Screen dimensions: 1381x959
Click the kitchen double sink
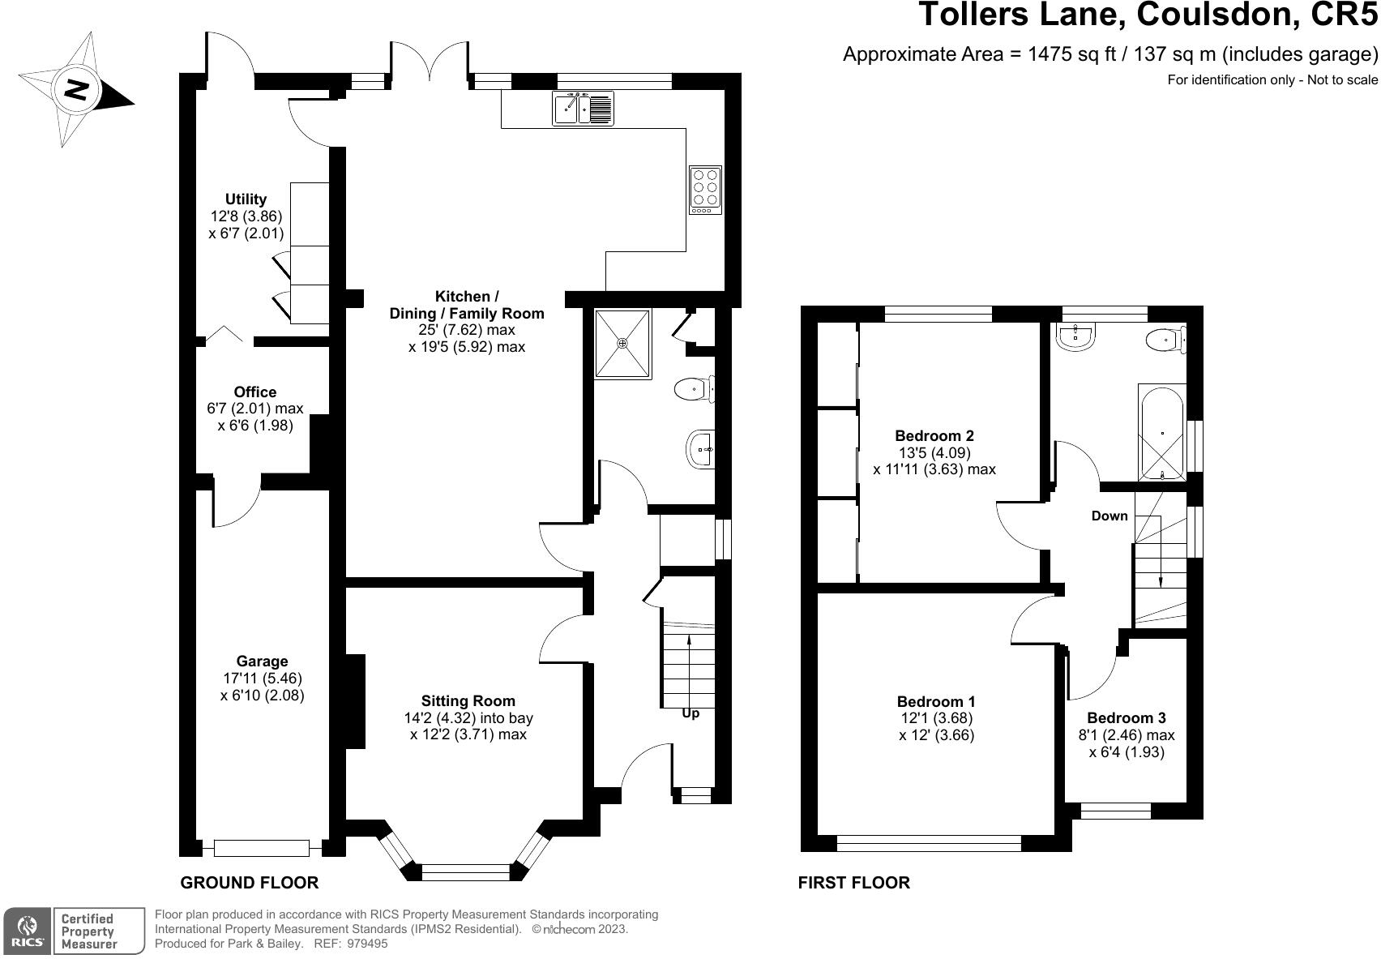click(583, 107)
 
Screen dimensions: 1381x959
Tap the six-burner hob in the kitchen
click(704, 190)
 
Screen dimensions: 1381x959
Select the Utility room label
click(246, 199)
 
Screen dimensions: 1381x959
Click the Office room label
click(255, 392)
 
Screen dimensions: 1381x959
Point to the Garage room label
click(262, 661)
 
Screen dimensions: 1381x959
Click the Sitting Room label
click(468, 700)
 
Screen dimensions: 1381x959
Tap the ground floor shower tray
click(622, 344)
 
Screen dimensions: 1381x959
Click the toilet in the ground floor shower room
click(695, 389)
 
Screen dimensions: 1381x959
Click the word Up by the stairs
click(690, 713)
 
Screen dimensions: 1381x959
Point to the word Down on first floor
click(1110, 516)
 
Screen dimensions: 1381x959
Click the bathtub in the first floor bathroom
click(1161, 433)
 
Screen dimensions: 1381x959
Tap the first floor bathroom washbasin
click(1075, 336)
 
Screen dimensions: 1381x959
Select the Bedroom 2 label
click(934, 435)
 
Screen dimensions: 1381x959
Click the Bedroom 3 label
click(1127, 717)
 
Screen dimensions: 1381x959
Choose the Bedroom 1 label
click(936, 701)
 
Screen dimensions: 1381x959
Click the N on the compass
click(77, 90)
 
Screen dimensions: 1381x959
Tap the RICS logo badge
click(27, 931)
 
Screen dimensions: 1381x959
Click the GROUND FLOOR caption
click(249, 883)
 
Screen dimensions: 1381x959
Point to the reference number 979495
click(367, 944)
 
